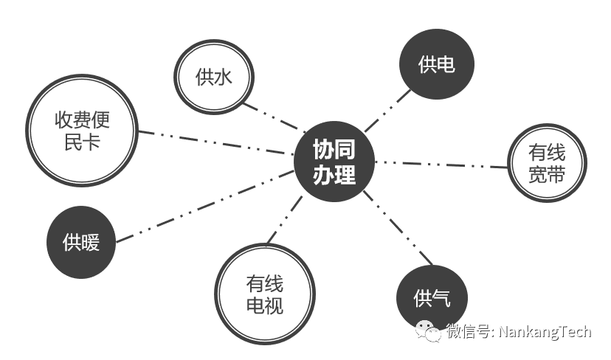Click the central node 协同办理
click(334, 162)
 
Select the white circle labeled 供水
click(214, 77)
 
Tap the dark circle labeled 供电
click(436, 65)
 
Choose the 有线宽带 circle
click(547, 163)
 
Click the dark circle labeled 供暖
click(81, 241)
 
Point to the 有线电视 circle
click(260, 294)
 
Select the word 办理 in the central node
click(334, 175)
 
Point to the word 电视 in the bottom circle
click(265, 304)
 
